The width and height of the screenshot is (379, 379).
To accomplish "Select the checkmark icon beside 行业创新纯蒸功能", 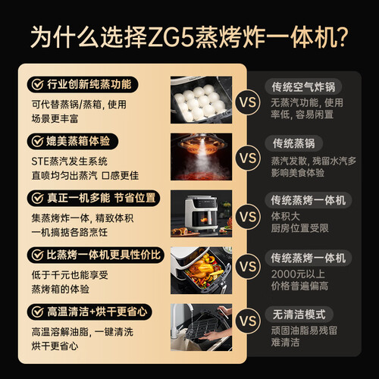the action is click(x=37, y=84).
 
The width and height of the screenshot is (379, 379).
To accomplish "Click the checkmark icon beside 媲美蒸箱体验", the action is click(x=37, y=141).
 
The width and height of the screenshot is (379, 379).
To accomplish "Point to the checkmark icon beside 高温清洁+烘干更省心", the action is click(x=37, y=312).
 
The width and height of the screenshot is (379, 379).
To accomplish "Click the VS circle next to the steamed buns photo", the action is click(x=248, y=102).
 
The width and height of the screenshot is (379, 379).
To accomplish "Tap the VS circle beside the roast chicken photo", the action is click(x=248, y=267).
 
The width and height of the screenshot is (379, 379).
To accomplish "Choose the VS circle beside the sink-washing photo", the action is click(x=248, y=321).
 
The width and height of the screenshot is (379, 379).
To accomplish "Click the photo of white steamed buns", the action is click(x=201, y=100).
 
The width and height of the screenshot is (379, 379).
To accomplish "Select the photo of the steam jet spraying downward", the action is click(x=201, y=157).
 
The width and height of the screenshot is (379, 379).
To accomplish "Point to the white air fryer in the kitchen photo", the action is click(x=201, y=214).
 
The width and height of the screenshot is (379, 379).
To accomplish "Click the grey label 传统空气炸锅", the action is click(x=303, y=87).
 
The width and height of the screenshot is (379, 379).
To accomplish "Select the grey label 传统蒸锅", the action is click(x=294, y=143).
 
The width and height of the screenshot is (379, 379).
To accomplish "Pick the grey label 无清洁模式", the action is click(x=299, y=315).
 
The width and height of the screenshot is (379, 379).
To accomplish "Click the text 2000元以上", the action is click(x=298, y=274).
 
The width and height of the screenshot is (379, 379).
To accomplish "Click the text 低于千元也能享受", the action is click(x=70, y=275).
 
